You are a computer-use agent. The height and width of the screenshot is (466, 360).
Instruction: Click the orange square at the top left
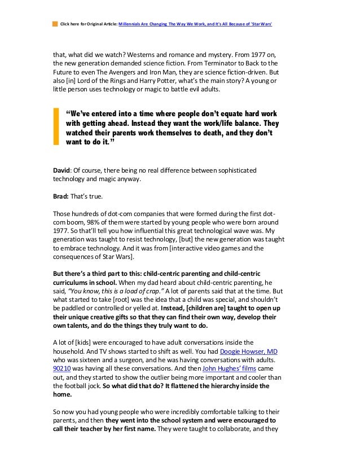coord(55,24)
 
